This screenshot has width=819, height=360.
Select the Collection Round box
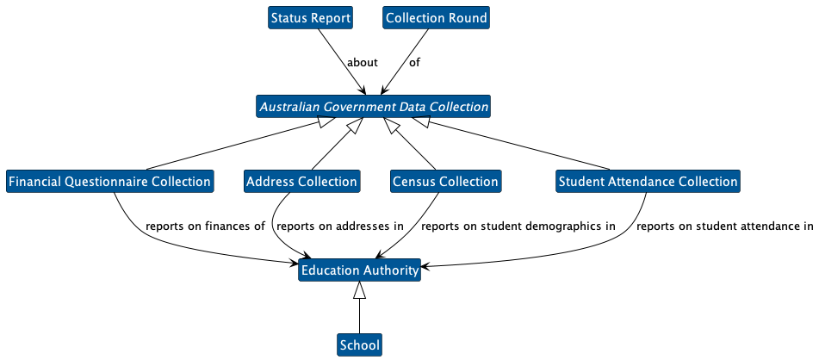tap(437, 18)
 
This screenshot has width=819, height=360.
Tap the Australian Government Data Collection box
tap(373, 108)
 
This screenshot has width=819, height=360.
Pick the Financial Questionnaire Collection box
tap(109, 182)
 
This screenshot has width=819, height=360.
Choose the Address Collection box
tap(301, 182)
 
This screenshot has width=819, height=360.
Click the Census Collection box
tap(445, 182)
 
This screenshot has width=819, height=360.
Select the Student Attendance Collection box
tap(648, 182)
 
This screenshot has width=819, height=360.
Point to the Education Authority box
tap(360, 271)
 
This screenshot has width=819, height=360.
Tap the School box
tap(359, 345)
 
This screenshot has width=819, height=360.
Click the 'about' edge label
tap(362, 63)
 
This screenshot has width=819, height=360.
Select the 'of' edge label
tap(414, 63)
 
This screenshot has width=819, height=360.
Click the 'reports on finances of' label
tap(205, 227)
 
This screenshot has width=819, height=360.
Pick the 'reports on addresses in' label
tap(340, 227)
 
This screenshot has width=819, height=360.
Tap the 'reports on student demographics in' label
tap(518, 227)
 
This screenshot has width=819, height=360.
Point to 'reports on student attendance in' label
tap(724, 227)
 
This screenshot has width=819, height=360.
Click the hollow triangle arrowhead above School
tap(360, 291)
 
